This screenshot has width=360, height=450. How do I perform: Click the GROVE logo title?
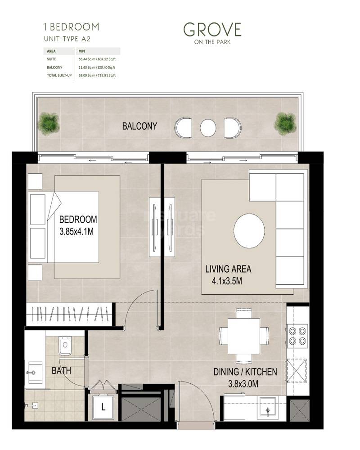pyautogui.click(x=212, y=30)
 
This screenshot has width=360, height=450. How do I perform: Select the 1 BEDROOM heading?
pyautogui.click(x=71, y=27)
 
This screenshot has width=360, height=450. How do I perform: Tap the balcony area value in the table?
pyautogui.click(x=97, y=67)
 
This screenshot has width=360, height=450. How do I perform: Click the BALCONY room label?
pyautogui.click(x=139, y=126)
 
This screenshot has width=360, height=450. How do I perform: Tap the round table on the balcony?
pyautogui.click(x=208, y=127)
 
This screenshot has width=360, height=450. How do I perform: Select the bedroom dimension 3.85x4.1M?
pyautogui.click(x=78, y=233)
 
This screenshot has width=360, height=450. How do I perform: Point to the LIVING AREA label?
pyautogui.click(x=228, y=270)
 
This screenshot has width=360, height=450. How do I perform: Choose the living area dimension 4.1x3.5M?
pyautogui.click(x=228, y=282)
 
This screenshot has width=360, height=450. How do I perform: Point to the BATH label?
pyautogui.click(x=61, y=371)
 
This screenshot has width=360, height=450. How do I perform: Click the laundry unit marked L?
pyautogui.click(x=103, y=407)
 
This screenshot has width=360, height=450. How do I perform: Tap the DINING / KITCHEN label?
pyautogui.click(x=245, y=372)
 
